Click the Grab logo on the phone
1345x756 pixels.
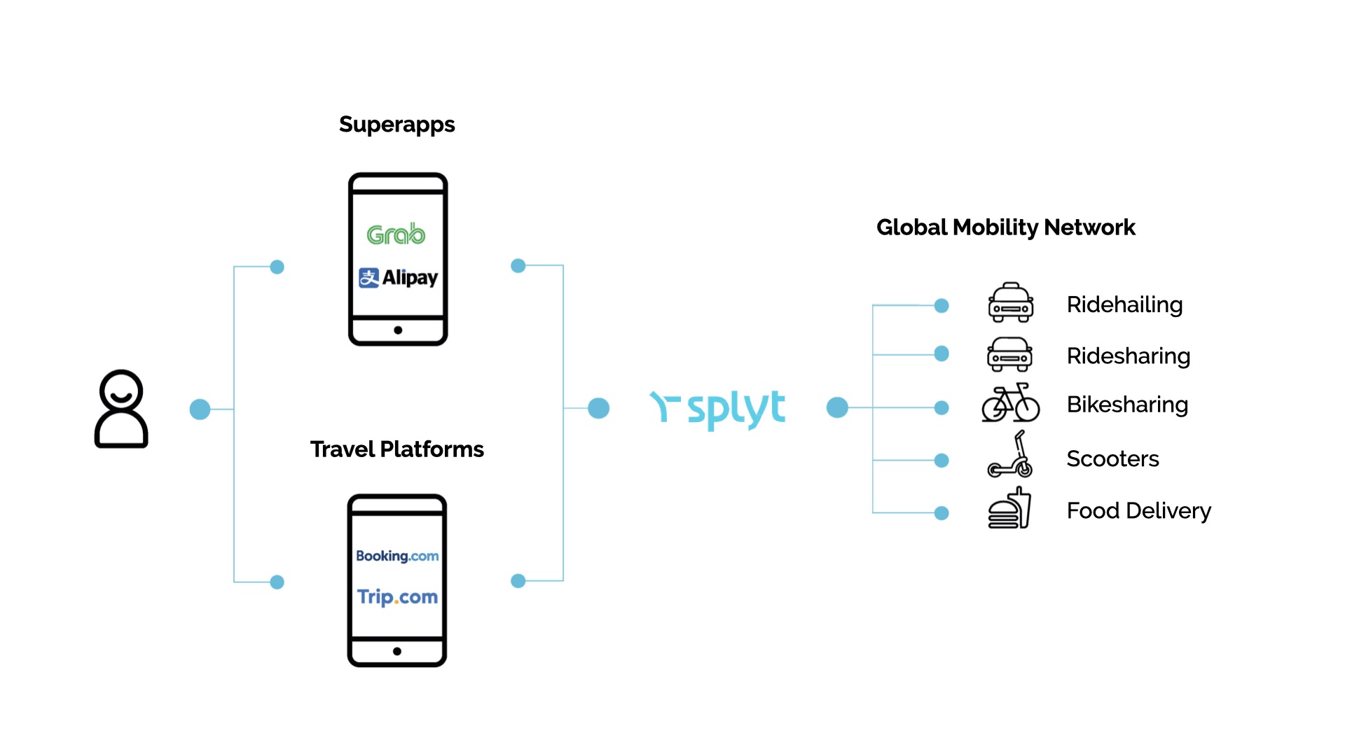click(x=396, y=234)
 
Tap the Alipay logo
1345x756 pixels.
click(x=398, y=278)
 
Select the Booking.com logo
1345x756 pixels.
click(x=397, y=556)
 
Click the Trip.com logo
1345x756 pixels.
click(x=397, y=597)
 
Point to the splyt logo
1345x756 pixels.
click(x=718, y=408)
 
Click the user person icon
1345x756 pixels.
click(x=121, y=409)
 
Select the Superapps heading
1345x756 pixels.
click(x=396, y=125)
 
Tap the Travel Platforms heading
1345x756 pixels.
click(x=396, y=449)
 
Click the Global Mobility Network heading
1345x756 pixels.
click(x=1005, y=227)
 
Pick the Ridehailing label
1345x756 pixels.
click(x=1124, y=304)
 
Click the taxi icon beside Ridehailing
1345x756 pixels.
click(x=1010, y=302)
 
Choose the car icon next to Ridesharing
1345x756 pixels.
click(x=1009, y=354)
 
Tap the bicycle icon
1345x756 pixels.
click(x=1010, y=403)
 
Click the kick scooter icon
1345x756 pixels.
click(x=1010, y=455)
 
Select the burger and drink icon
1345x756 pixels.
click(x=1009, y=509)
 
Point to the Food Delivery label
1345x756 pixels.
click(x=1138, y=511)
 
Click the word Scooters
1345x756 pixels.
click(x=1112, y=459)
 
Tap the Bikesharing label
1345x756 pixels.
click(x=1127, y=405)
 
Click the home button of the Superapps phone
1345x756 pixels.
click(x=398, y=330)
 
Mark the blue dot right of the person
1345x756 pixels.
click(x=200, y=409)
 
